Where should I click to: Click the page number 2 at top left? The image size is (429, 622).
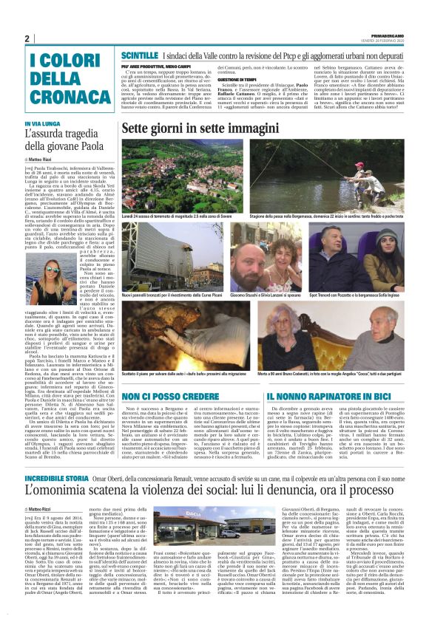pos(27,39)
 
